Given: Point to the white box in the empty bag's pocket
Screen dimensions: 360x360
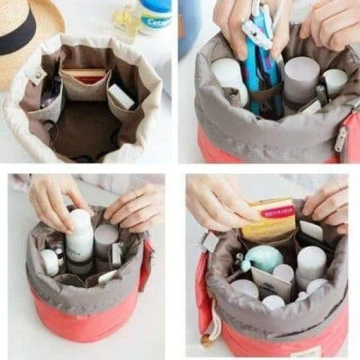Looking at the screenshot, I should click(121, 96).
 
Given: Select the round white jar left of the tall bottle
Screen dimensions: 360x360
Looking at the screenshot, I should click(49, 262).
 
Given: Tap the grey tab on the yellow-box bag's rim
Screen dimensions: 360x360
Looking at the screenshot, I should click(210, 242).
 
